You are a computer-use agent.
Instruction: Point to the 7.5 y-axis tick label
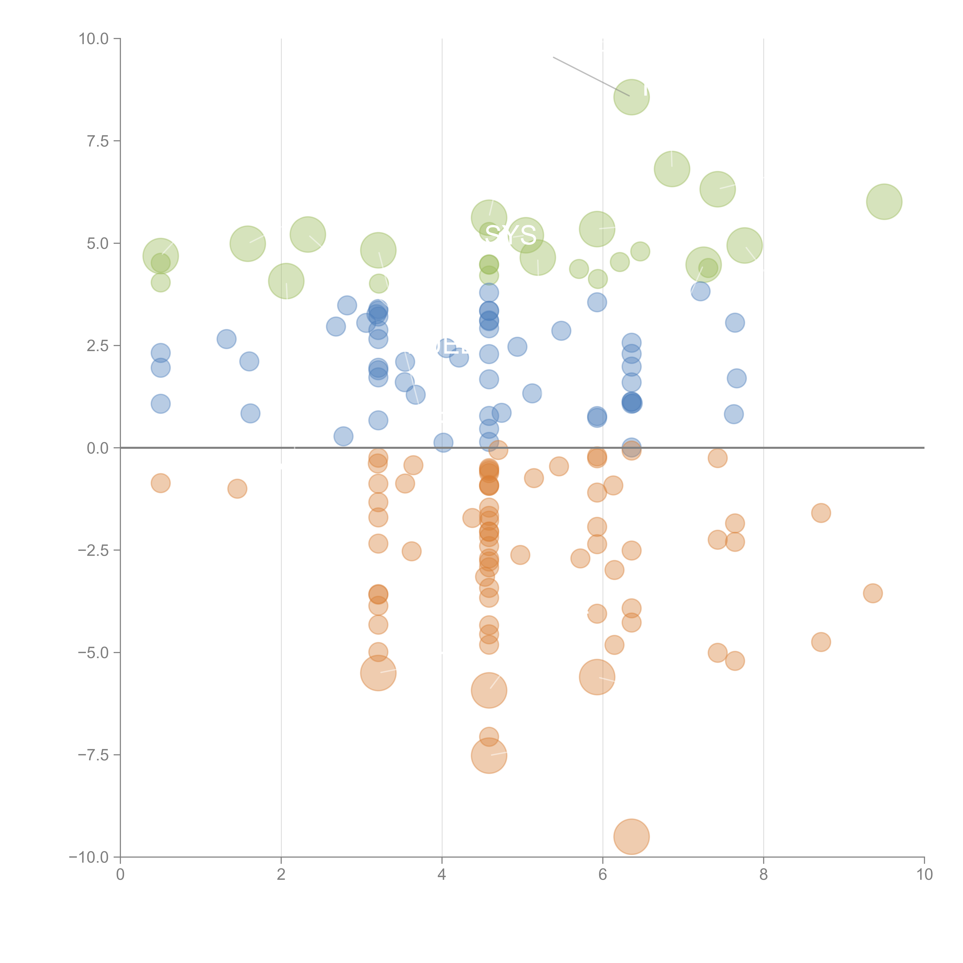pos(98,141)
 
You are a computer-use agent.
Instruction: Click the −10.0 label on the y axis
pos(89,857)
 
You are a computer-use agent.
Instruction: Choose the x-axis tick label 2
pos(281,875)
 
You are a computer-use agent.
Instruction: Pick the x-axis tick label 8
pos(764,875)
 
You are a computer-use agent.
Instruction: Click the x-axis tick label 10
pos(924,875)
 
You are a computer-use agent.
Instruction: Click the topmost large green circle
pos(632,97)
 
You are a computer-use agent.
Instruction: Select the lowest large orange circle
pos(632,836)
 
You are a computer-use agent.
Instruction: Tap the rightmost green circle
pos(884,201)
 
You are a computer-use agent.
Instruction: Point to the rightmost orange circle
pos(873,593)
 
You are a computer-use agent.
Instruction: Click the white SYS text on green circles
pos(510,235)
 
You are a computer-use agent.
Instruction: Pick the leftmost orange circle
pos(160,483)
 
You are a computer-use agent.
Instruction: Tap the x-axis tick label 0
pos(120,875)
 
